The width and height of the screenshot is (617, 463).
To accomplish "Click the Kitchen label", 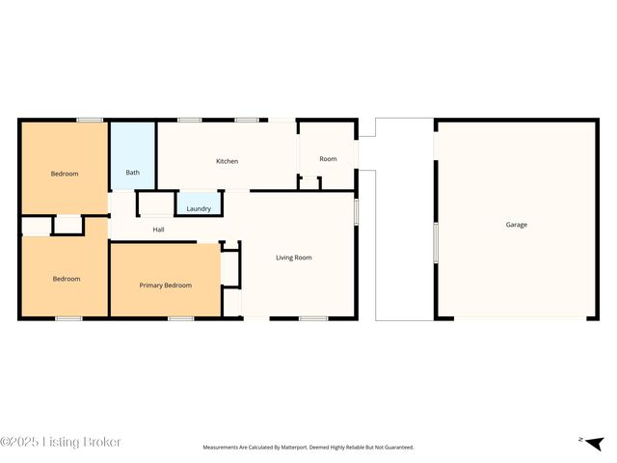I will tap(227, 161).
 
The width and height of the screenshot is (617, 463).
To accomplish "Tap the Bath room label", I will tap(133, 173).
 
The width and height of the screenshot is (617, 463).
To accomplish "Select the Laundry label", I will tap(199, 208).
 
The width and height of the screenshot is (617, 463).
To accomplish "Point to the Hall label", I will tap(158, 230).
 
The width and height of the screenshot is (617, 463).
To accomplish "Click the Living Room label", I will tap(293, 258).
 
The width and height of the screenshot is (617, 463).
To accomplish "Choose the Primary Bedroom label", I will tap(165, 286).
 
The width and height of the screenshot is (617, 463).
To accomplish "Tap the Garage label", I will tap(517, 225).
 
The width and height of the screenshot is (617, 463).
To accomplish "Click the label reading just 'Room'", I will tap(328, 158).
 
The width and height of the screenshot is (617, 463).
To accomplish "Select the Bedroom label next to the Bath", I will tap(65, 174).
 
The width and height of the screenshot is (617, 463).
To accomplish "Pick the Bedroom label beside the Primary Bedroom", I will tap(66, 279).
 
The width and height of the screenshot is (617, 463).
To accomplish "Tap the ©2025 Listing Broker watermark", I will tap(61, 442).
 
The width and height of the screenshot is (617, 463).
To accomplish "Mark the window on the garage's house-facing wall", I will tap(435, 241).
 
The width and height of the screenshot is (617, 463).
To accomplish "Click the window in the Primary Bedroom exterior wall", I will tap(180, 317).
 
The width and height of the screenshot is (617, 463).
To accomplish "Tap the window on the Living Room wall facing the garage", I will tap(356, 211).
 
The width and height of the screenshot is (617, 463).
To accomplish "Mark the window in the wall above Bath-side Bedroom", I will tap(91, 120).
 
